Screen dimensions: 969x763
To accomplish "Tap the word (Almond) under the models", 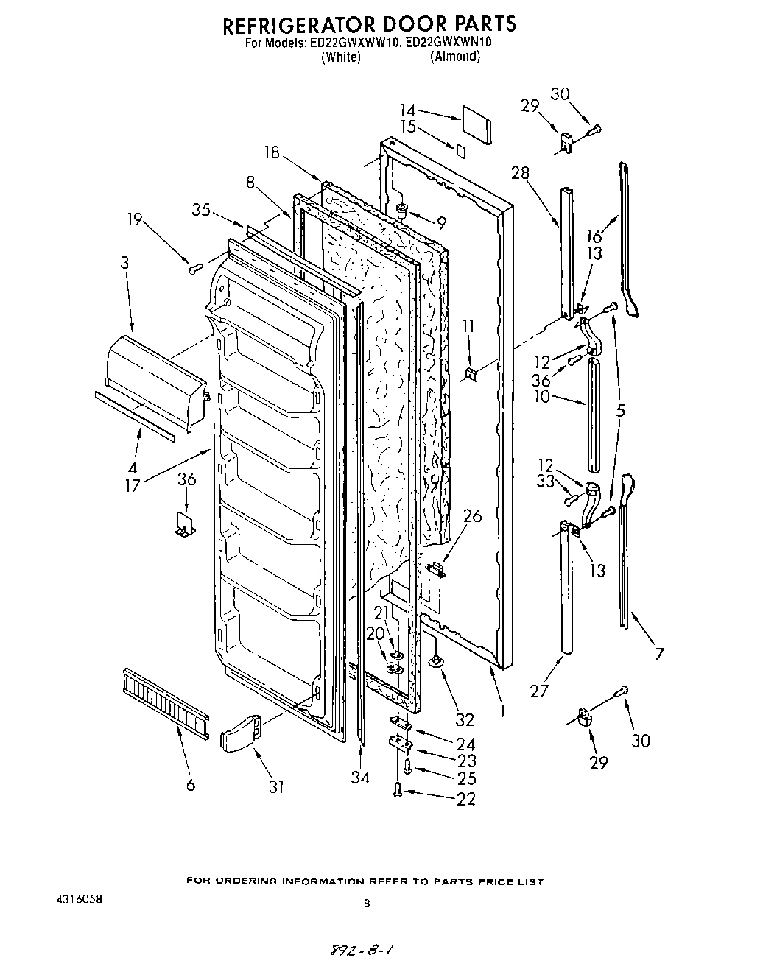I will point(454,57).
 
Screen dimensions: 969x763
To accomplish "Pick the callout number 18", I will point(272,152).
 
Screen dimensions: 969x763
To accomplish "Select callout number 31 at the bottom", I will point(275,786).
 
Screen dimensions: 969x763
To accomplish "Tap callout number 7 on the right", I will point(659,653).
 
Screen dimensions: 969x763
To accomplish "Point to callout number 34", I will point(359,778).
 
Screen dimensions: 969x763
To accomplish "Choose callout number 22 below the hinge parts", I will point(465,799).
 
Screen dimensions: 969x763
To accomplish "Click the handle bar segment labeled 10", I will point(593,416).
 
